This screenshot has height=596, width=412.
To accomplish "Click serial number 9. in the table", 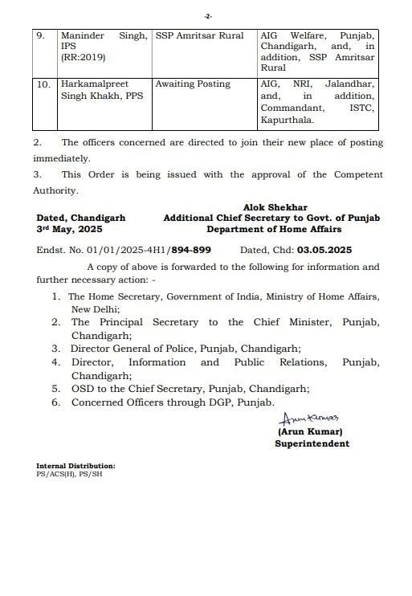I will tap(44, 37).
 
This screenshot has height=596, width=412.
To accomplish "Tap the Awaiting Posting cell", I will tap(193, 84).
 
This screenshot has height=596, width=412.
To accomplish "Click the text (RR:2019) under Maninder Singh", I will tap(84, 59).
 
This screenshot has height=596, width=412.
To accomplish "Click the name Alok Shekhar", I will tap(275, 207).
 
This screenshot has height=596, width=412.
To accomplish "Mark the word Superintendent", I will tap(312, 443).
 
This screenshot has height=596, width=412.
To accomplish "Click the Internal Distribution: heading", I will tap(75, 466).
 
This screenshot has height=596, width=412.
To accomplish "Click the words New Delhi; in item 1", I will tap(96, 308).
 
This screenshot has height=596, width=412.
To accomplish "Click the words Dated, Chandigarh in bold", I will tap(80, 218).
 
